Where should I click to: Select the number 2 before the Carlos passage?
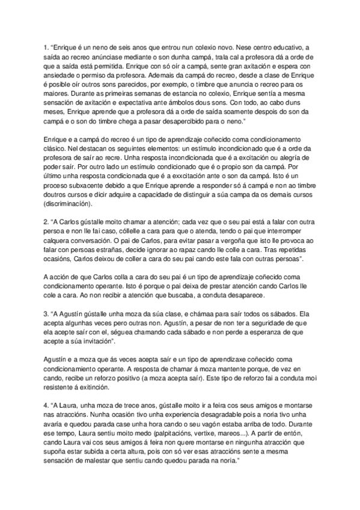click(x=46, y=221)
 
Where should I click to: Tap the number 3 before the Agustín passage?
click(x=46, y=313)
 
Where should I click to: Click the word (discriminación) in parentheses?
click(x=71, y=204)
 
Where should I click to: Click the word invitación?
click(x=132, y=343)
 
